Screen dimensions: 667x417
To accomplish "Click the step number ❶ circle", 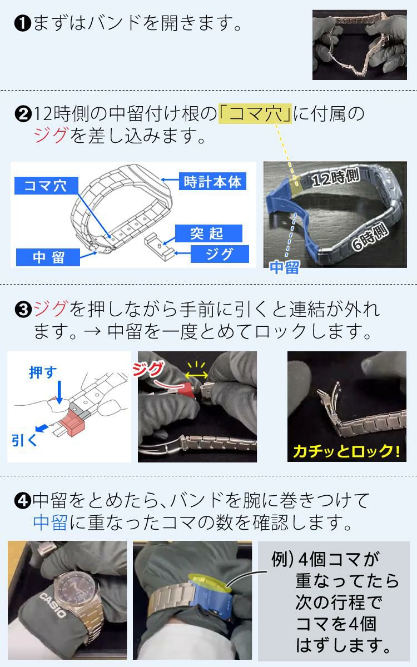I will (22, 24).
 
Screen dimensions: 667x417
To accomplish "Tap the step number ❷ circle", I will (22, 114).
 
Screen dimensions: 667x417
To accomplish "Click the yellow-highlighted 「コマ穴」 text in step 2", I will (255, 113).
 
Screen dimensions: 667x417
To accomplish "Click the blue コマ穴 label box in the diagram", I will (46, 186).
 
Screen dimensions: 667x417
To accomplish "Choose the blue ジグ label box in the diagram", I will (219, 254).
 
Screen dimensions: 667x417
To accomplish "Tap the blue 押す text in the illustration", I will (43, 372).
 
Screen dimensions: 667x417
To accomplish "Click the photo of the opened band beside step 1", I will (359, 44).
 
